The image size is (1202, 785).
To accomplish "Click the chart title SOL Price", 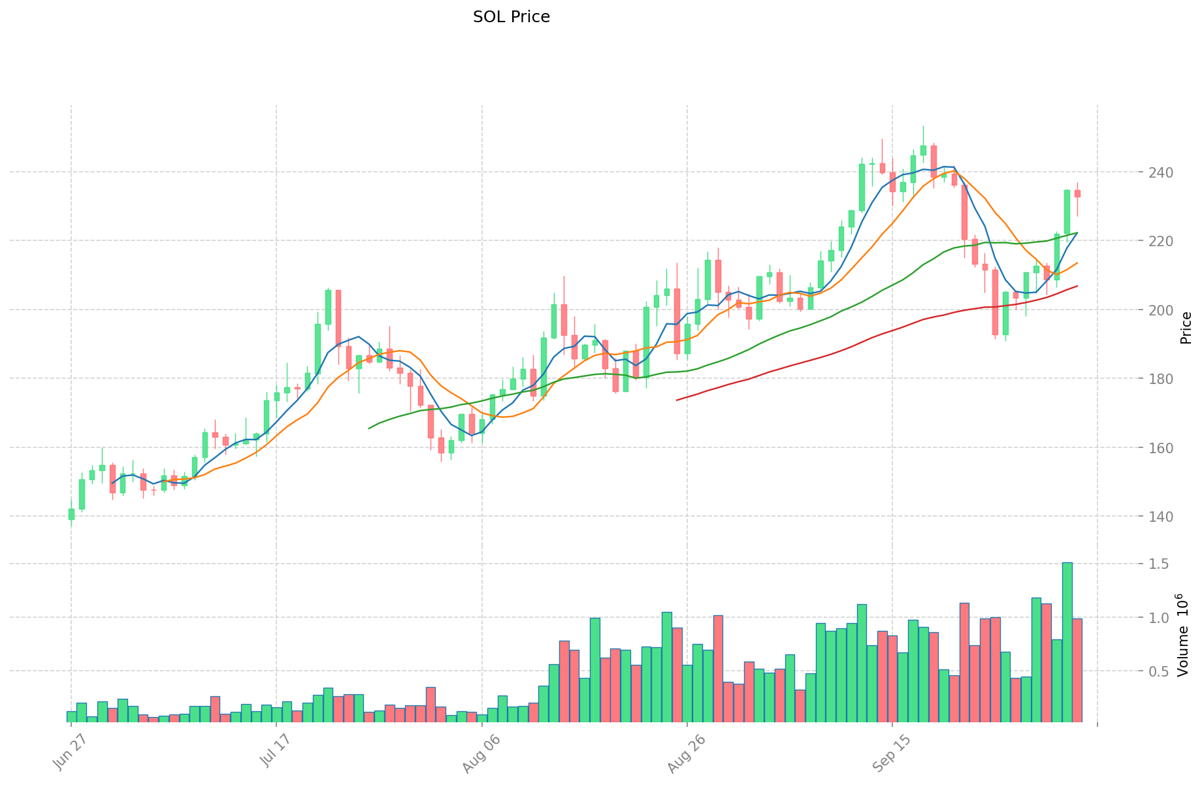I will (x=511, y=17).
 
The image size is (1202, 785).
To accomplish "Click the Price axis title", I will (x=1186, y=328).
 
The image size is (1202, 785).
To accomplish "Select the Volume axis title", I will (x=1184, y=635).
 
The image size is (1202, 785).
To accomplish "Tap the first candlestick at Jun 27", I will (x=71, y=514).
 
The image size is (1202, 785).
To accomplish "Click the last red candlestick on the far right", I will (x=1077, y=193).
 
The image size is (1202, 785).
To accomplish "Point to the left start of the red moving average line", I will (x=677, y=400).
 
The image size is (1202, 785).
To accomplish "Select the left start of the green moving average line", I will (x=369, y=428).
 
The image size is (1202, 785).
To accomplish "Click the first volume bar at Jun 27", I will (x=71, y=717).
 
